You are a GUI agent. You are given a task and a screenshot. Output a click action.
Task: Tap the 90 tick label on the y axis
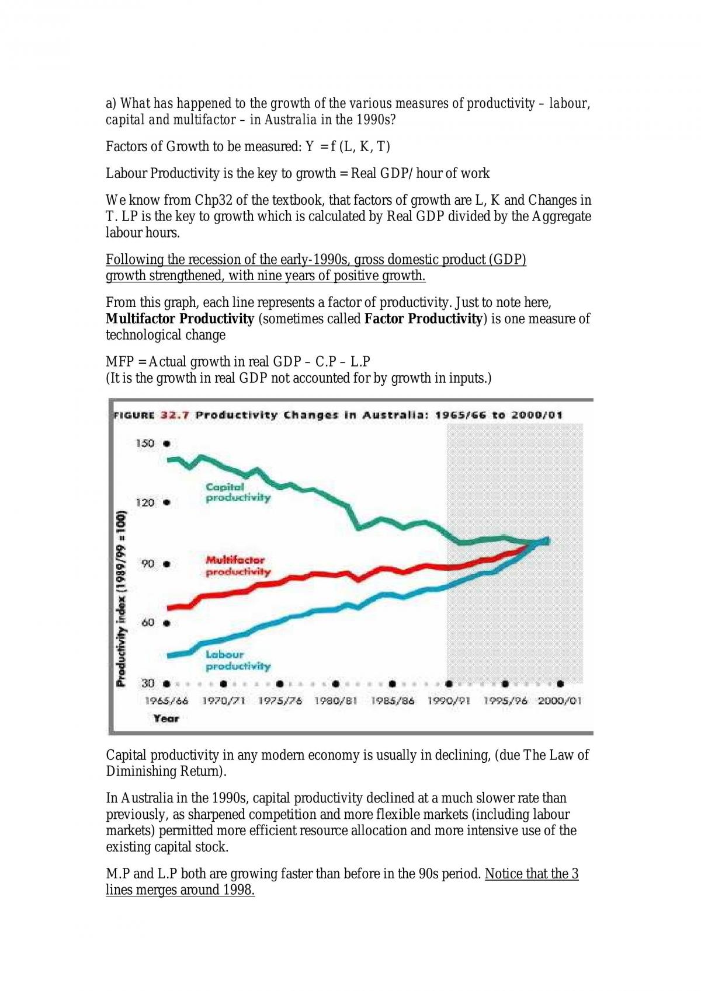tap(148, 564)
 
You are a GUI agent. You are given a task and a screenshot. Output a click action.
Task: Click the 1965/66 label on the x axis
tap(166, 701)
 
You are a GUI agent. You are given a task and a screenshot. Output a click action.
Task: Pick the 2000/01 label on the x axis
tap(559, 701)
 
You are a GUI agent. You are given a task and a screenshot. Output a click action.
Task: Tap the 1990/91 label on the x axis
tap(449, 701)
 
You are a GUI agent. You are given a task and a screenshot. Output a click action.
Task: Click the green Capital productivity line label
tap(238, 493)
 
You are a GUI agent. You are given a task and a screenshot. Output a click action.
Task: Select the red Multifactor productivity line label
tap(238, 566)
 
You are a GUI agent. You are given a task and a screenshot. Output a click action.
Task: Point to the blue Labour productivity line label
tap(238, 660)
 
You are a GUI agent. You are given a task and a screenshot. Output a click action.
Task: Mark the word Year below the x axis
tap(166, 718)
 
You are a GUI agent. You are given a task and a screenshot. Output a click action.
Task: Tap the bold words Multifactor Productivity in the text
tap(180, 319)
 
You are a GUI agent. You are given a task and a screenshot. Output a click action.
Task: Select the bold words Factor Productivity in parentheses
tap(423, 319)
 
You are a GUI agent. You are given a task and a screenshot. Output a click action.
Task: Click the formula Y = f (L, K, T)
tap(348, 146)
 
